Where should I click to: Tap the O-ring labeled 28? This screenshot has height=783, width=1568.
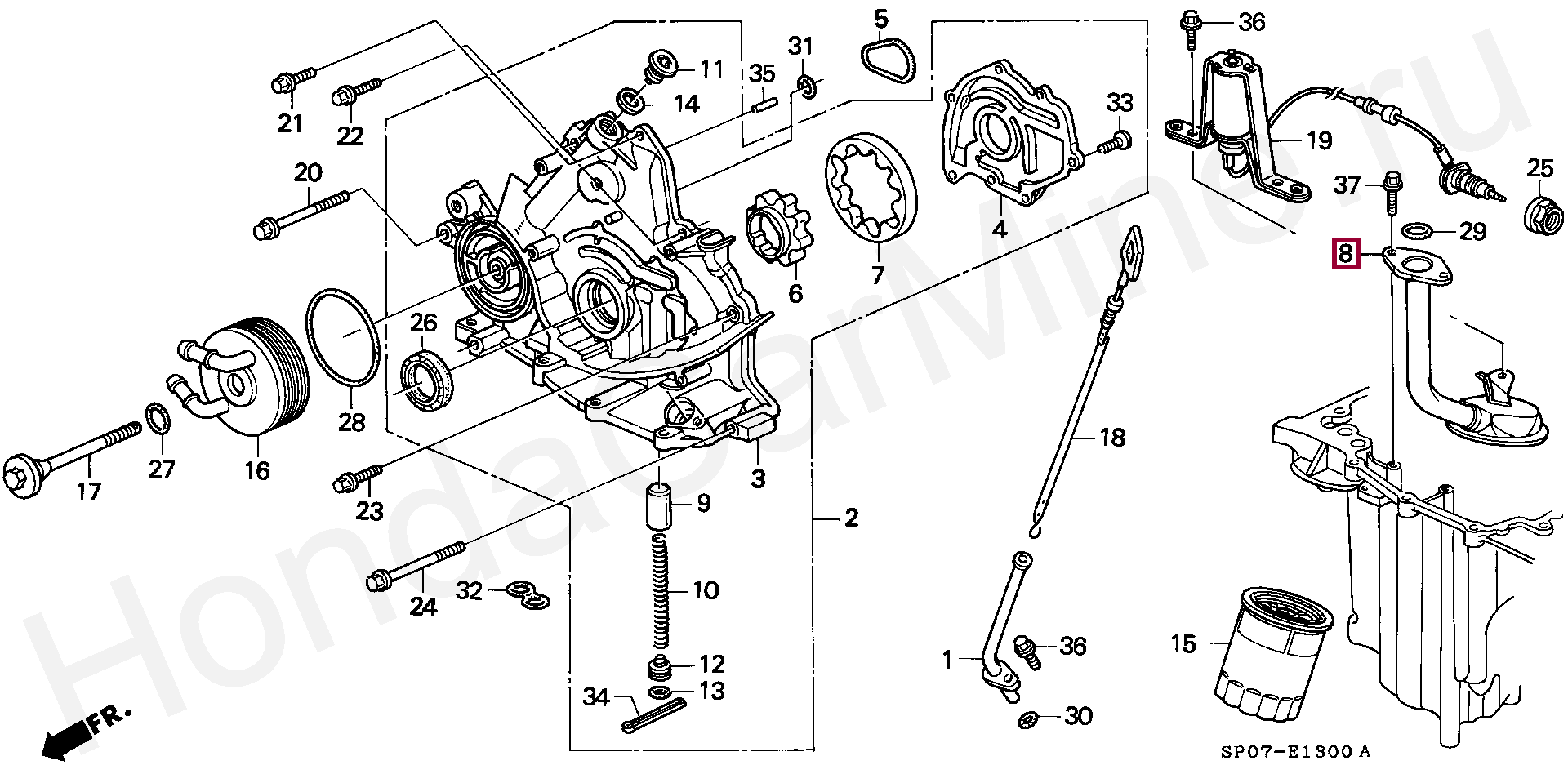343,336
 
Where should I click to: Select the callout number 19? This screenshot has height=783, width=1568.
1319,140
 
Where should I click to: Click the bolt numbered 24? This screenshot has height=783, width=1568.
416,565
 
